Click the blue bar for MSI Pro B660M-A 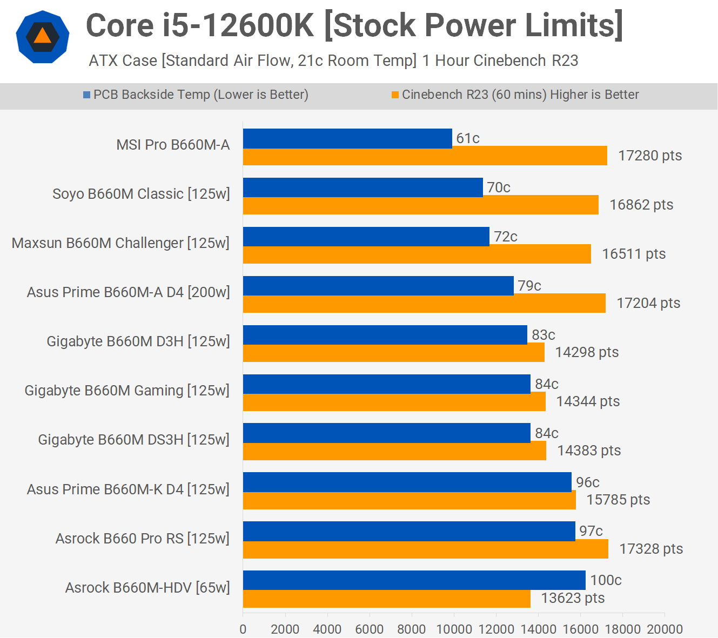pyautogui.click(x=347, y=138)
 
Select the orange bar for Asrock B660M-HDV pyautogui.click(x=386, y=599)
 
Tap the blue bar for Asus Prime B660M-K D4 pyautogui.click(x=407, y=482)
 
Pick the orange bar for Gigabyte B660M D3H pyautogui.click(x=393, y=353)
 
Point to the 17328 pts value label pyautogui.click(x=650, y=549)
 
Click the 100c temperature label pyautogui.click(x=606, y=580)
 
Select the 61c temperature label pyautogui.click(x=467, y=138)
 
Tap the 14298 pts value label pyautogui.click(x=587, y=352)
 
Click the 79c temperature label pyautogui.click(x=529, y=286)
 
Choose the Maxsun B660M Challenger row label pyautogui.click(x=120, y=243)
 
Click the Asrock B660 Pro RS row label pyautogui.click(x=143, y=539)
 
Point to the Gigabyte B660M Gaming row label pyautogui.click(x=127, y=391)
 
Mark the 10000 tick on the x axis pyautogui.click(x=454, y=629)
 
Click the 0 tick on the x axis pyautogui.click(x=243, y=629)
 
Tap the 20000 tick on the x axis pyautogui.click(x=665, y=629)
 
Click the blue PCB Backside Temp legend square pyautogui.click(x=86, y=95)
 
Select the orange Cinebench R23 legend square pyautogui.click(x=395, y=95)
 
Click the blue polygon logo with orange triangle pyautogui.click(x=43, y=37)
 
